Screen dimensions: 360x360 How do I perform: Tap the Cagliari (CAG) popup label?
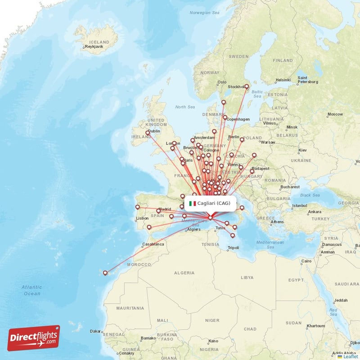coord(214,203)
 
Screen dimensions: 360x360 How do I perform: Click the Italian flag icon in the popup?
coord(193,203)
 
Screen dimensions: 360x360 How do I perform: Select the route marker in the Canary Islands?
coord(105,273)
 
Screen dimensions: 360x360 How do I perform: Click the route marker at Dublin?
coord(148,132)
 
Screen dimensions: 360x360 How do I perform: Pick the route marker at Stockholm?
coord(247,86)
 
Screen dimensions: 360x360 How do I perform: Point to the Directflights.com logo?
coord(34,338)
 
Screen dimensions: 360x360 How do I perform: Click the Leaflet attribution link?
coord(351,356)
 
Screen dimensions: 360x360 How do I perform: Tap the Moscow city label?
coord(335,114)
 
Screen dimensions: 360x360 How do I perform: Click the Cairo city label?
coord(306,261)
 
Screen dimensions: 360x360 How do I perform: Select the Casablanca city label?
coord(153,245)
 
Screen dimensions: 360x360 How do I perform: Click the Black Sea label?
coord(310,195)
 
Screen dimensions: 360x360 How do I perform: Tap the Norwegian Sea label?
coord(204,13)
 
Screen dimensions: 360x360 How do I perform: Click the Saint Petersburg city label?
coord(308,80)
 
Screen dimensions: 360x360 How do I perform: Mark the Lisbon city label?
coord(142,219)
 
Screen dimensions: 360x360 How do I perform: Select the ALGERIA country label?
coord(184,273)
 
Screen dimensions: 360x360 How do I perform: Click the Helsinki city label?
coord(283,80)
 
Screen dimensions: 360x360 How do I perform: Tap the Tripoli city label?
coord(234,248)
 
